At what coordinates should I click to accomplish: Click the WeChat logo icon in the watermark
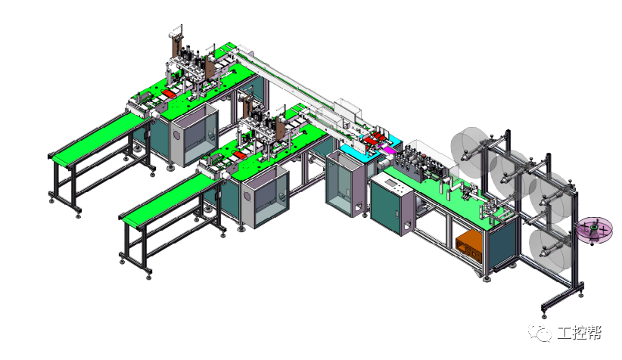point(540,332)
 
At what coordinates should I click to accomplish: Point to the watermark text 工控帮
point(580,333)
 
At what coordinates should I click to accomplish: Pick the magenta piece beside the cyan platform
point(387,149)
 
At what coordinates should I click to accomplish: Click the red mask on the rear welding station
point(170,94)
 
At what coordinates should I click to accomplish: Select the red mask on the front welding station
point(240,154)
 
